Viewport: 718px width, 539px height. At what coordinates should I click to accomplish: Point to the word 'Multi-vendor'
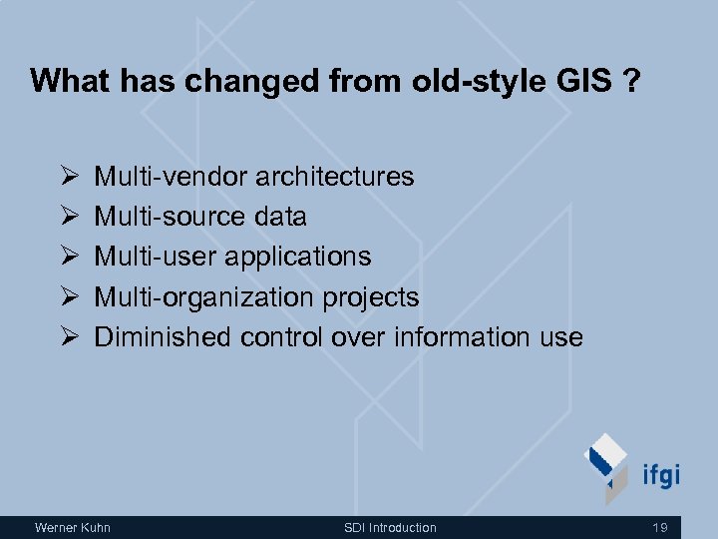[x=171, y=177]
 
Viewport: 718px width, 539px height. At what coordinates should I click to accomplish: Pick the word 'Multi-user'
[x=156, y=257]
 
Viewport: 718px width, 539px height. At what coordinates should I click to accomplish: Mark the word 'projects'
[x=370, y=297]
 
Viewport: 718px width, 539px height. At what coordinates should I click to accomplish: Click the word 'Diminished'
[x=163, y=337]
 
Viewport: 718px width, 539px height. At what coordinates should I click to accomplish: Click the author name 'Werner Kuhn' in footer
[x=72, y=527]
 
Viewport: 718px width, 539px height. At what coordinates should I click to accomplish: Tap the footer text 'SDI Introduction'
[x=390, y=527]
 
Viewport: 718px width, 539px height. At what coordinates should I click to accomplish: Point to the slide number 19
[x=660, y=527]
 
